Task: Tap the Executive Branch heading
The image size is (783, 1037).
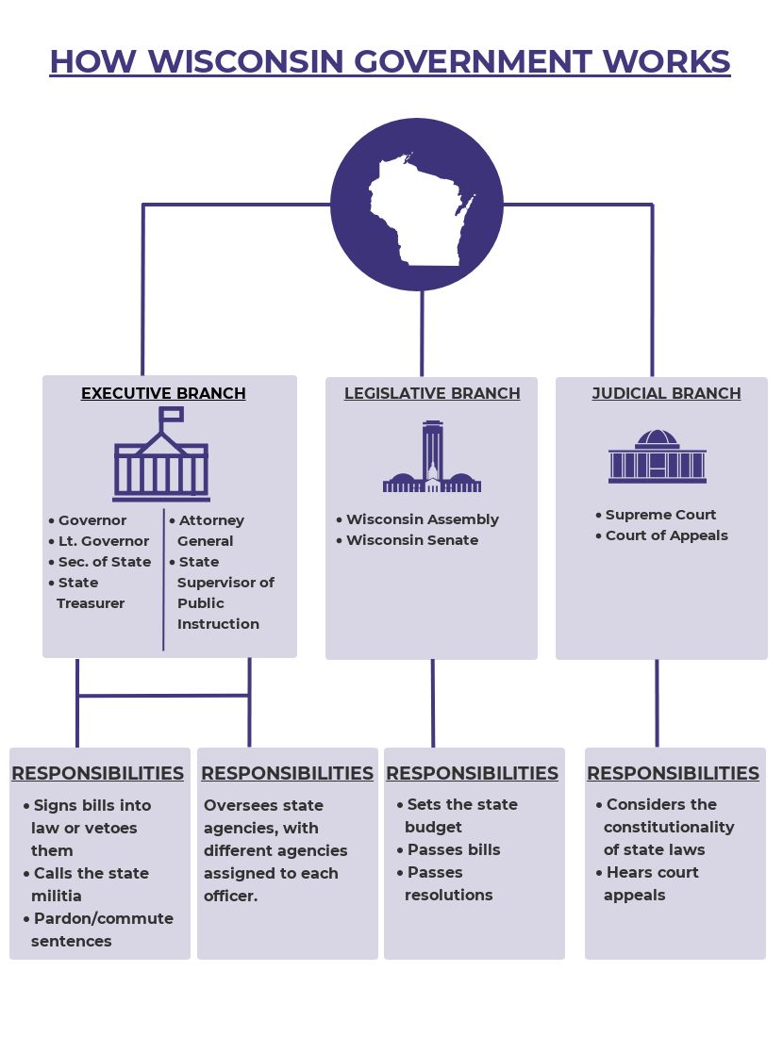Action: point(163,393)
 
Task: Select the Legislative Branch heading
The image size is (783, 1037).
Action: point(432,393)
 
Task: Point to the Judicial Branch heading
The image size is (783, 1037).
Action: point(667,393)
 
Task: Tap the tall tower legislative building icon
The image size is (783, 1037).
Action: point(432,456)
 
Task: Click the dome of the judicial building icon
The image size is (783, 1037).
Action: point(657,438)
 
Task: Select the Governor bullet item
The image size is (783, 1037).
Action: point(88,520)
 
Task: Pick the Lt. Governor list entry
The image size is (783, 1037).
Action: point(99,541)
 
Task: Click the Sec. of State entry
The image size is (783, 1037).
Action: point(100,562)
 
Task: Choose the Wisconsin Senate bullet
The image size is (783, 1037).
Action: point(407,540)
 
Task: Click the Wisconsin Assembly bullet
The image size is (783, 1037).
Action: point(418,519)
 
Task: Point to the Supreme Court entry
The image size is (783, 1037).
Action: point(656,515)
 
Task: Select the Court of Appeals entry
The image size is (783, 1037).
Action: point(662,535)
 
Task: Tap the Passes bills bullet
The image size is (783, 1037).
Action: point(449,849)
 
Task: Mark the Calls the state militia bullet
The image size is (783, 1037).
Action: point(86,884)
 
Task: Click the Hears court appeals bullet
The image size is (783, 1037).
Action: point(647,883)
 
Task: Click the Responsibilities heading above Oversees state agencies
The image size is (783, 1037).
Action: point(287,773)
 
